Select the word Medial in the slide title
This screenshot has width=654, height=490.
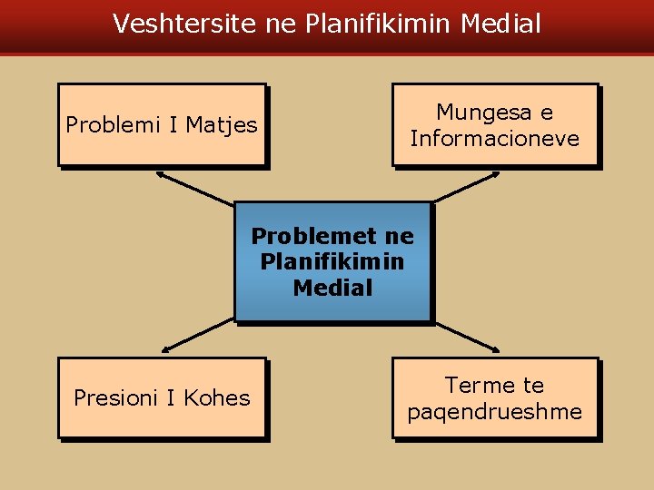(x=500, y=24)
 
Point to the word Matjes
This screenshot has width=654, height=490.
(x=222, y=124)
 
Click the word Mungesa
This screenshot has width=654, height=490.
(x=482, y=113)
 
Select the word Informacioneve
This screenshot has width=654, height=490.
(x=495, y=139)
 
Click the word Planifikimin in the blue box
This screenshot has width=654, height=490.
(x=332, y=262)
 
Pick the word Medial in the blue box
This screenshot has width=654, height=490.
(x=332, y=289)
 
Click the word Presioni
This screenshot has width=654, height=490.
(x=115, y=397)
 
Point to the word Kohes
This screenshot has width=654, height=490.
(x=216, y=397)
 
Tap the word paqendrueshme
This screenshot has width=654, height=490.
(x=495, y=412)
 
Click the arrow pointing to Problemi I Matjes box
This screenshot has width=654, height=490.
(x=194, y=187)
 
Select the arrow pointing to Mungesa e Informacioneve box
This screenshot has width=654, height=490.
(x=465, y=186)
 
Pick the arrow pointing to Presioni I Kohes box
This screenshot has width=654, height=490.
(x=197, y=337)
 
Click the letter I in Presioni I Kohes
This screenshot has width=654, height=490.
(x=171, y=397)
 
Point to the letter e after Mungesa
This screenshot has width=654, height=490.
(x=546, y=113)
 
